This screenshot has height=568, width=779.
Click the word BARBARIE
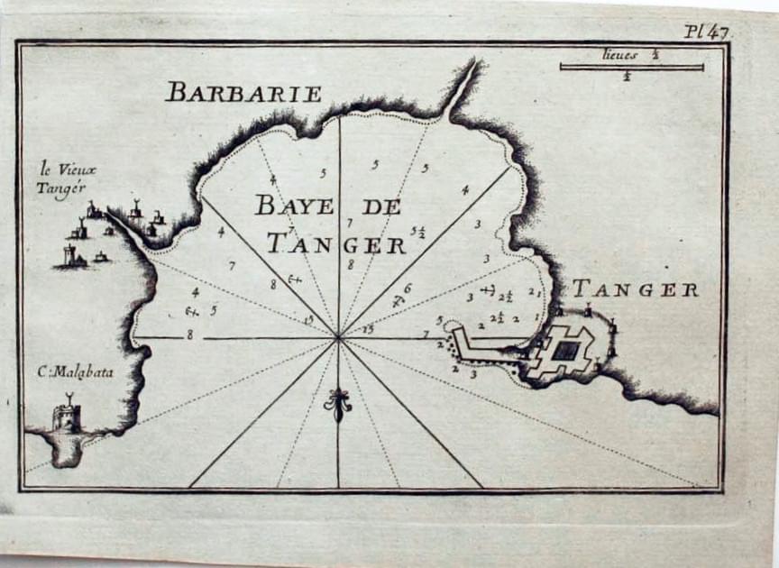pos(243,91)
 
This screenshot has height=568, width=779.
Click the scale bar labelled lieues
pos(631,66)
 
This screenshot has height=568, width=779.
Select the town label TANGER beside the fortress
pos(636,289)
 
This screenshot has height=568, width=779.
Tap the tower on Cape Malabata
pos(67,417)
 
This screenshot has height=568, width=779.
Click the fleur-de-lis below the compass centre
pos(339,405)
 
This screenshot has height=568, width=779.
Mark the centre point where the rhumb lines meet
pos(339,338)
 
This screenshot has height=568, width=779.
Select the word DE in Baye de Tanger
pos(380,206)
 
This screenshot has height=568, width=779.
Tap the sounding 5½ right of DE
pos(417,233)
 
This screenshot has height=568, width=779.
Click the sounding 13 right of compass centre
pos(367,329)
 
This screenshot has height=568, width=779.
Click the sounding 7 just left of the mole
pos(425,335)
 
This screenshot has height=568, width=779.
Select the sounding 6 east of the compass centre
pos(407,289)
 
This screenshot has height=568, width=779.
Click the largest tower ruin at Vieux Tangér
pos(69,256)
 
